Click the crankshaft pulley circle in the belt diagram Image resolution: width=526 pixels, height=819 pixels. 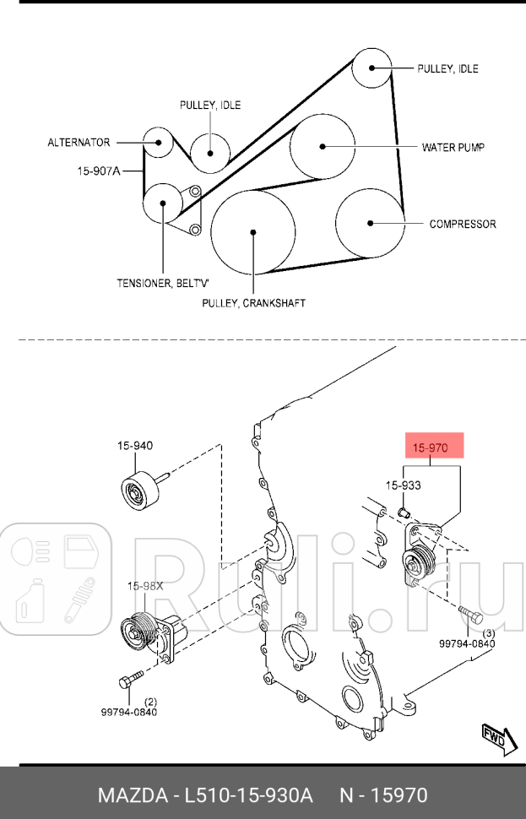point(252,232)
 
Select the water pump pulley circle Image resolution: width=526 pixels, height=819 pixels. point(323,146)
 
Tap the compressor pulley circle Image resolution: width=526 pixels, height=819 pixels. point(369,223)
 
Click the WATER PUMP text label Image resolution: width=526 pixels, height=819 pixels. point(453,147)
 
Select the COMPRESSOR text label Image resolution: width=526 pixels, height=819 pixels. point(463,225)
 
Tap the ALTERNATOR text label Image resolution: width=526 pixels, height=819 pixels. point(79,143)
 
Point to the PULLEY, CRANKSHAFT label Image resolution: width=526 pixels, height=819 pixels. point(253,302)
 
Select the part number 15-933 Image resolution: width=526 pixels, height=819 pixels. point(404,485)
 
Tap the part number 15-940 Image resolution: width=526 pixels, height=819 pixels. point(135,445)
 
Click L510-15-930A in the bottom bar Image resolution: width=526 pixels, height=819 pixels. point(254,795)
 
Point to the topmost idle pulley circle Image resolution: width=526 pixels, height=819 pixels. point(371,68)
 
